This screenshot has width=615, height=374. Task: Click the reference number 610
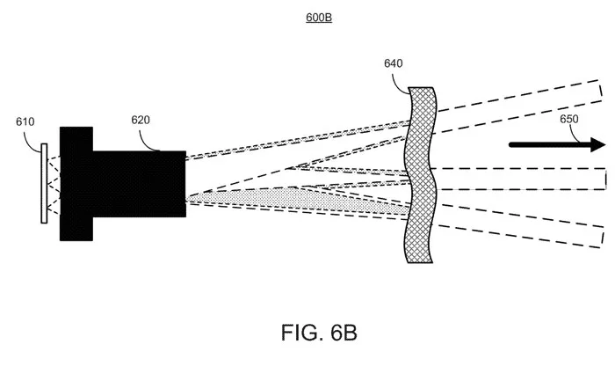coord(25,121)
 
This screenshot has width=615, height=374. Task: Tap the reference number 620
coord(141,120)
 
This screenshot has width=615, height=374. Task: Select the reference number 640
coord(393,63)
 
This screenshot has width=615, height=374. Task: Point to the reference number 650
coord(568,119)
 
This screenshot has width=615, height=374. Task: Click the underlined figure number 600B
coord(319,18)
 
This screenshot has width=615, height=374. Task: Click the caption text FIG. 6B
coord(319,333)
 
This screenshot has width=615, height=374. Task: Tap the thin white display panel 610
coord(44,183)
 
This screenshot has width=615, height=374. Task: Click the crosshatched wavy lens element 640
coord(420,175)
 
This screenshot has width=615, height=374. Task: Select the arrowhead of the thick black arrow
coord(598,144)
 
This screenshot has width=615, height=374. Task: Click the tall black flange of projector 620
coord(76,183)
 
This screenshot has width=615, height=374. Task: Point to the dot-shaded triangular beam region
coord(298,201)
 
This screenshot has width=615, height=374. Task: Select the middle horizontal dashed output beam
coord(521,179)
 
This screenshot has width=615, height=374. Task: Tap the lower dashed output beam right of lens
coord(520,226)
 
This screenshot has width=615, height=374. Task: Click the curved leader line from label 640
coord(399,83)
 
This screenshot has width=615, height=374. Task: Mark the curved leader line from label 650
coord(575,135)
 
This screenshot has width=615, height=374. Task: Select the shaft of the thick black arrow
coord(550,145)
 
